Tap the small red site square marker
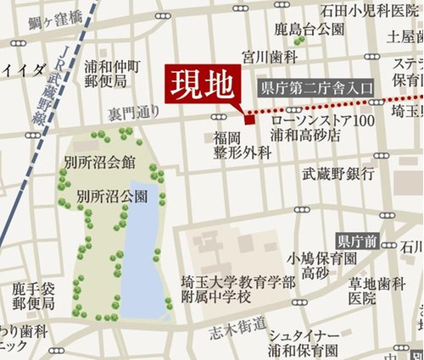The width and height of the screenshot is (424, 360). point(247,117)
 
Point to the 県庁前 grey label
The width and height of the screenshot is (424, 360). point(357,241)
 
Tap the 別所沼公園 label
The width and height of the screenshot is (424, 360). point(112,196)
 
